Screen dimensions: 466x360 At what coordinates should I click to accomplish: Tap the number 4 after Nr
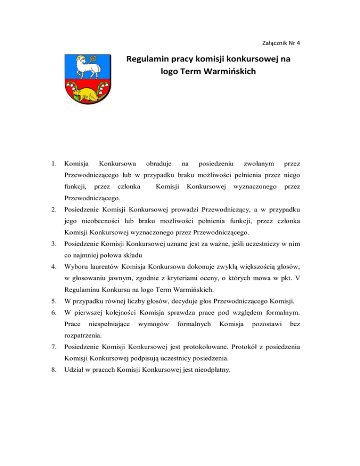tap(298, 43)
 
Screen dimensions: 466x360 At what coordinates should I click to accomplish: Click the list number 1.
tap(55, 164)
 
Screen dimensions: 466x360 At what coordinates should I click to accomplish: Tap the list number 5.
tap(55, 317)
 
